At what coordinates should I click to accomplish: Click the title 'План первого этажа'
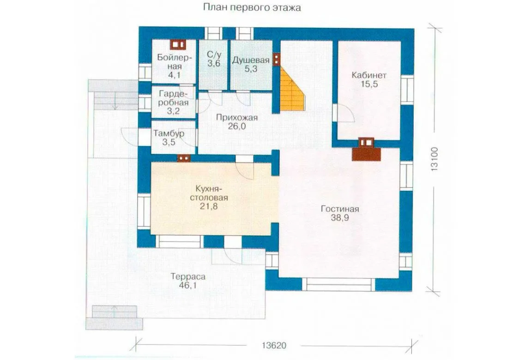coord(252,7)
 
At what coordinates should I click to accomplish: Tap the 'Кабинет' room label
coord(369,75)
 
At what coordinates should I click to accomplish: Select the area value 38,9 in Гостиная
coord(340,218)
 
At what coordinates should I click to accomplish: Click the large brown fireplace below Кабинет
coord(367,150)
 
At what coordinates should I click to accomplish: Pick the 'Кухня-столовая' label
coord(209,193)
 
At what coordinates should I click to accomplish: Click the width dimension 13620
coord(274,345)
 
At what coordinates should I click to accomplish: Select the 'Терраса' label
coord(188,277)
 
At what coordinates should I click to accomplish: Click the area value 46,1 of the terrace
coord(188,286)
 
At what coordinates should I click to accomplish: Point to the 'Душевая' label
coord(251,60)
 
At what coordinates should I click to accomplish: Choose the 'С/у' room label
coord(214,54)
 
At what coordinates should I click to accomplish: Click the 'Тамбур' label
coord(169,133)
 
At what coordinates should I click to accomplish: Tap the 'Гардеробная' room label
coord(173,98)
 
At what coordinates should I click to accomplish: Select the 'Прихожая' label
coord(237,118)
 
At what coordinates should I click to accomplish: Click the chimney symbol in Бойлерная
coord(178,44)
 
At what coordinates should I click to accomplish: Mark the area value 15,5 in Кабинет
coord(369,84)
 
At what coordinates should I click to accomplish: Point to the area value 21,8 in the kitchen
coord(209,206)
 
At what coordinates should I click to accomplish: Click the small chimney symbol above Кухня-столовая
coord(184,158)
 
